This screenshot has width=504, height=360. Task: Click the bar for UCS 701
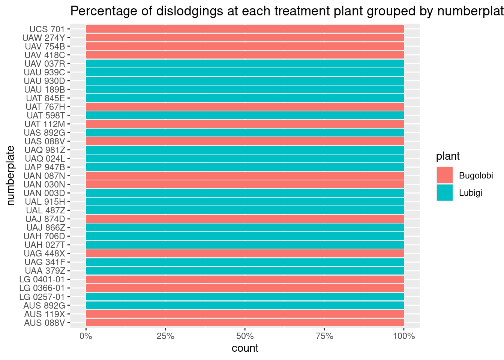[244, 29]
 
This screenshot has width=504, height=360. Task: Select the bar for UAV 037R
[244, 63]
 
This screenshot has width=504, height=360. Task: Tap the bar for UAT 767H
[244, 106]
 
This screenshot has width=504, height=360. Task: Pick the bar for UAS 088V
[244, 141]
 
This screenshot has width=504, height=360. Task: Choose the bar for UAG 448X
[244, 253]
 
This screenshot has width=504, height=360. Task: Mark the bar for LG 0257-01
[244, 297]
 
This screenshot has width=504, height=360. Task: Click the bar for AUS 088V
[244, 322]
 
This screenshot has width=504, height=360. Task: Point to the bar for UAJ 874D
[244, 219]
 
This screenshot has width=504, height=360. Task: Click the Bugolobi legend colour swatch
[444, 175]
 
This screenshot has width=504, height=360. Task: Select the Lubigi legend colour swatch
[444, 192]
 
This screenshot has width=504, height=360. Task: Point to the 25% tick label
[165, 336]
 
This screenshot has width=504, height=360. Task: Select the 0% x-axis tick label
[86, 336]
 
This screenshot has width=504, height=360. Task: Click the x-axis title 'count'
[245, 348]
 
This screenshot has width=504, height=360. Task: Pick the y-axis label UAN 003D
[44, 193]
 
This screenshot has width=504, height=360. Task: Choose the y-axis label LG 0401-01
[42, 279]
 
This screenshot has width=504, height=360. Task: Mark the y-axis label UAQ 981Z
[45, 150]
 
